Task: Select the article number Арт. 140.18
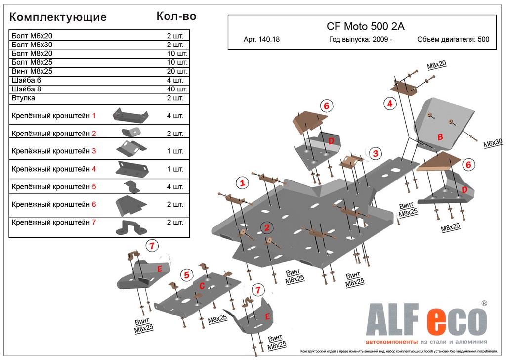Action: click(261, 40)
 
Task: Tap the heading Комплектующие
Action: click(58, 17)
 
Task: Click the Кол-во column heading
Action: click(176, 16)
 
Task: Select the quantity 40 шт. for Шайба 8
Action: click(177, 89)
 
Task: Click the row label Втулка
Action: click(23, 98)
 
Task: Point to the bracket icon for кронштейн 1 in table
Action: click(130, 116)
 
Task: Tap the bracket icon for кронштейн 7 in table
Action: click(130, 227)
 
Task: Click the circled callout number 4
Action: click(389, 103)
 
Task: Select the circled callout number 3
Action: click(375, 153)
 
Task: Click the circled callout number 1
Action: click(242, 183)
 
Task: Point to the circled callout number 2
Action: click(267, 227)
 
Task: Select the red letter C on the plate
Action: click(202, 285)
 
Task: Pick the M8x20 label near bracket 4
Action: click(436, 64)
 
